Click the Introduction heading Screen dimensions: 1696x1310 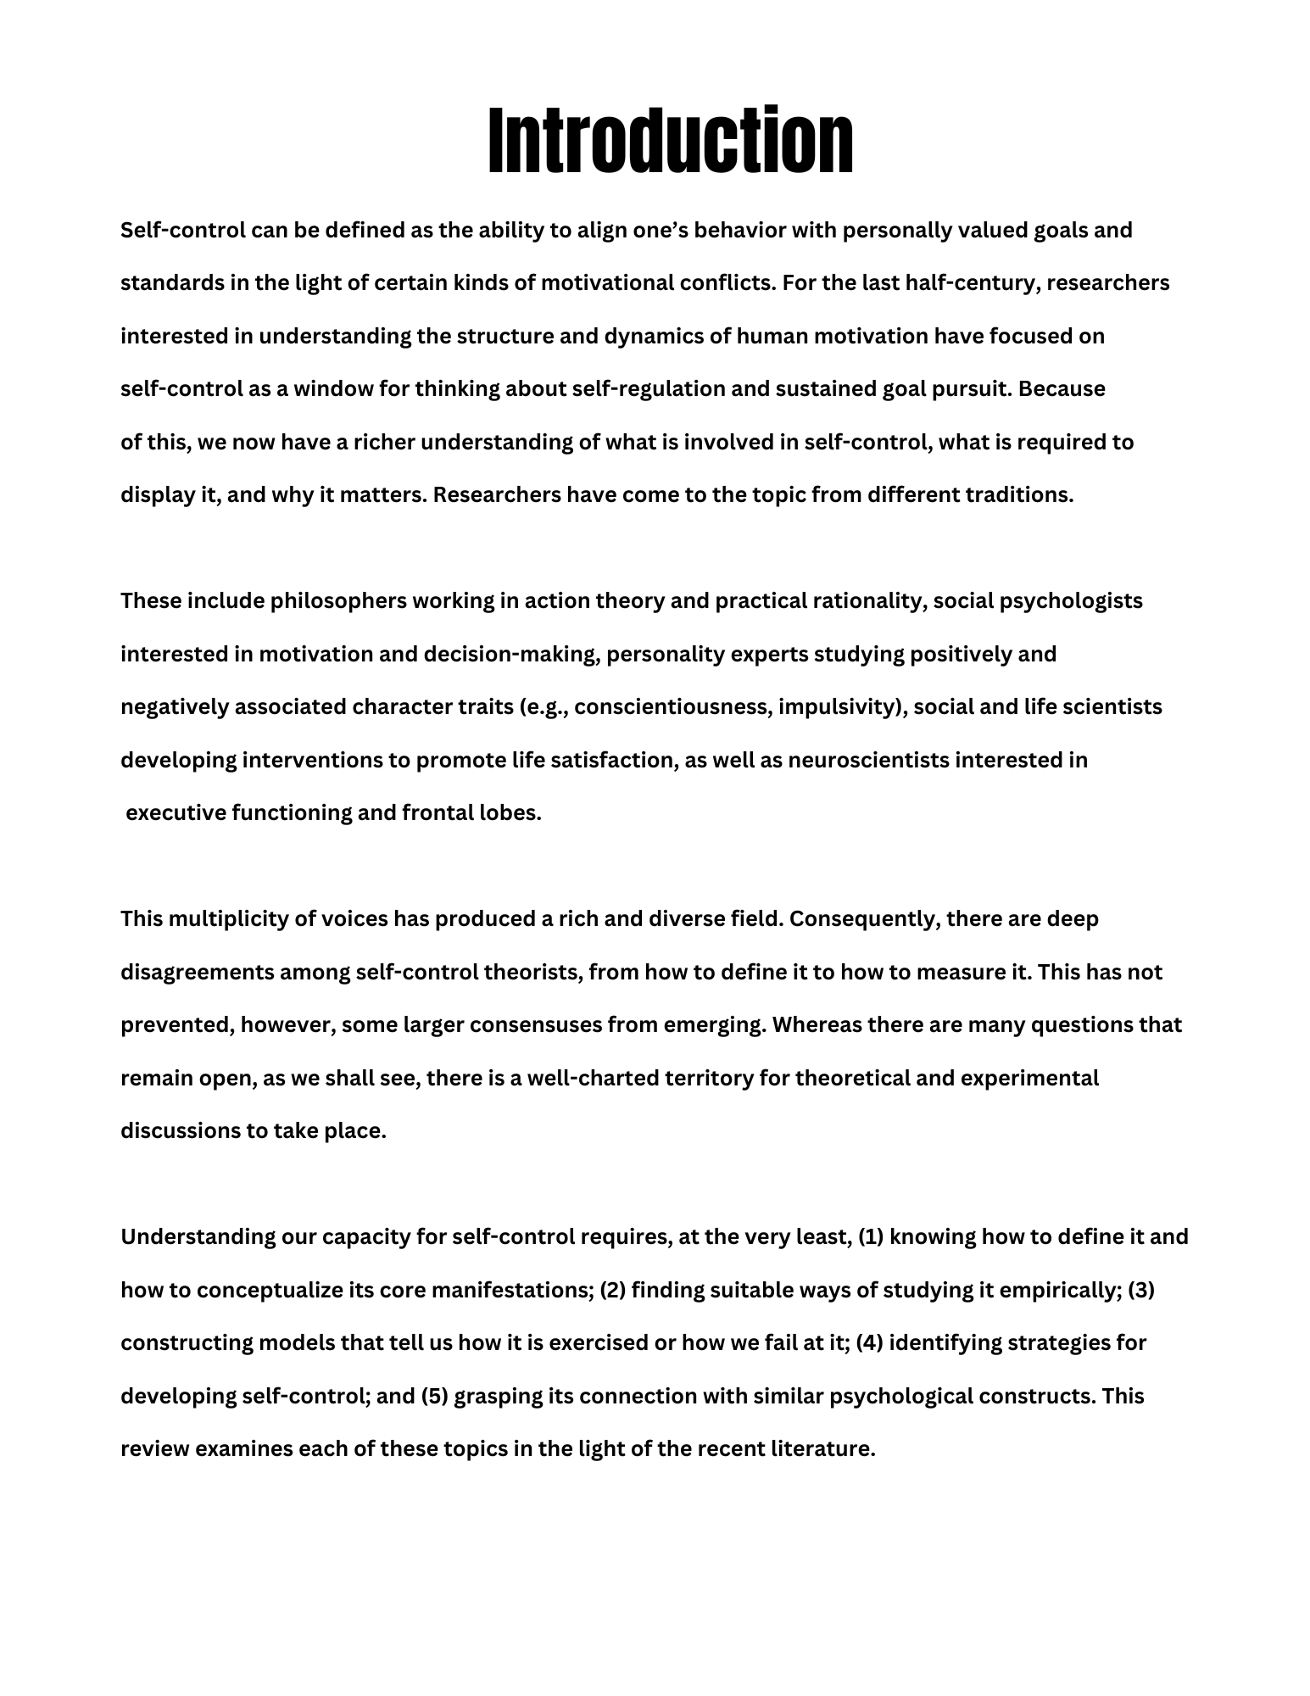(x=670, y=141)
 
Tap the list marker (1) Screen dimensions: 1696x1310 (x=872, y=1237)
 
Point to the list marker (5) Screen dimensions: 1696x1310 (x=434, y=1397)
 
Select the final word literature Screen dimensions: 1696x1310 (x=822, y=1449)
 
